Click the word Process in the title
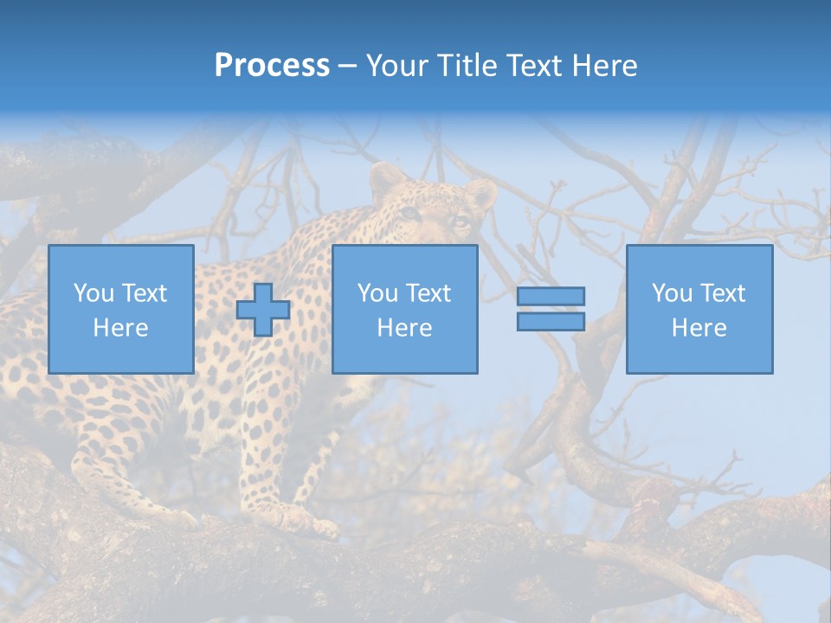click(272, 66)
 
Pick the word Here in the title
click(605, 66)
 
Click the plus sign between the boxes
click(263, 309)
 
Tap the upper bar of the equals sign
click(551, 296)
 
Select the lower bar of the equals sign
click(551, 321)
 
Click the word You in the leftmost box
click(93, 293)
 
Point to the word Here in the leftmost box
click(120, 328)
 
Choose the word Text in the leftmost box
click(143, 293)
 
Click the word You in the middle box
click(377, 293)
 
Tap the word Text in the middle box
click(427, 293)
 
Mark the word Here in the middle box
click(404, 328)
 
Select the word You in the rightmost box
click(672, 293)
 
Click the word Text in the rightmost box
click(721, 293)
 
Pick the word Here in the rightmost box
click(699, 328)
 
